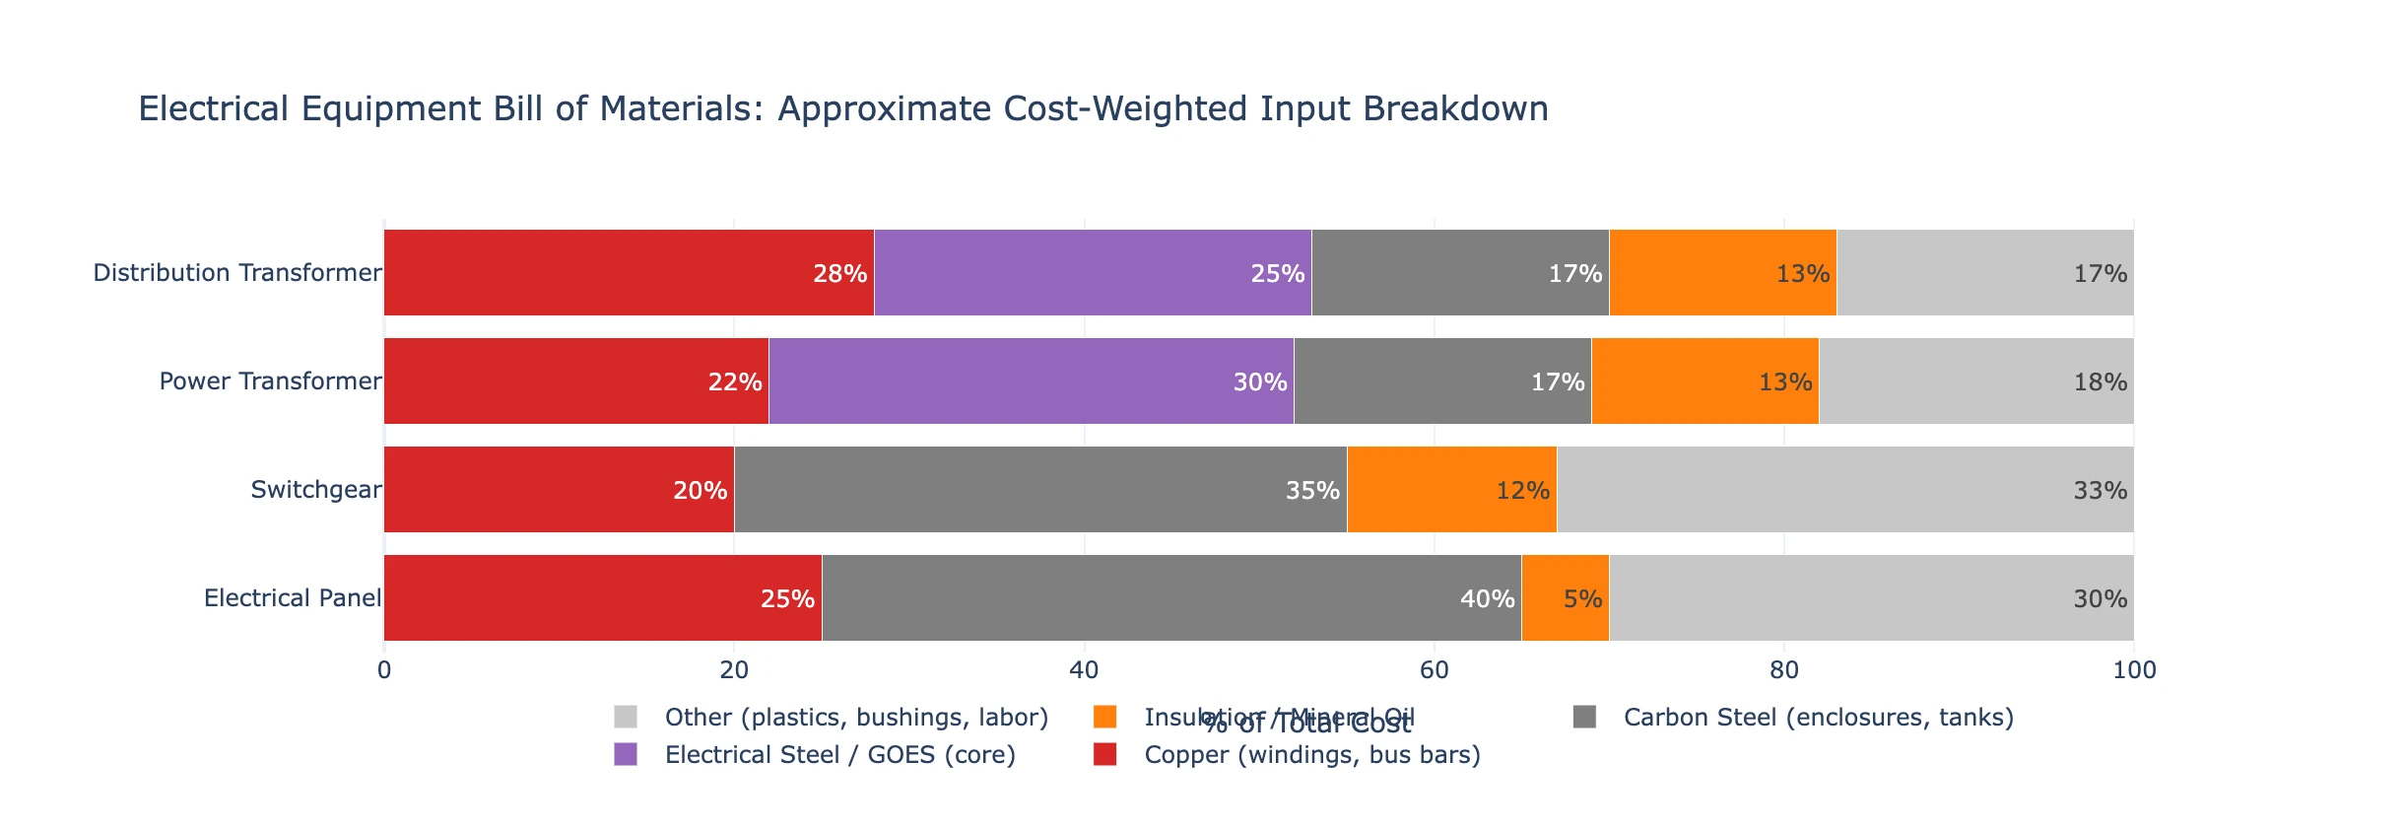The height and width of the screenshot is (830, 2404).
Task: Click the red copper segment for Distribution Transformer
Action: coord(629,273)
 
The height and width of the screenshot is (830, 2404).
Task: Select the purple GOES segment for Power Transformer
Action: coord(1031,381)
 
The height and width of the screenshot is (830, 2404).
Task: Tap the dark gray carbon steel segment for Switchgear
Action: coord(1040,490)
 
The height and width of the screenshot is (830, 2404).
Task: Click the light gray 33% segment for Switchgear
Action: coord(1844,490)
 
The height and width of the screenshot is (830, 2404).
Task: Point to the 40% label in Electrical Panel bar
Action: coord(1487,599)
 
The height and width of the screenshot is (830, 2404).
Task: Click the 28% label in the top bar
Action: coord(839,274)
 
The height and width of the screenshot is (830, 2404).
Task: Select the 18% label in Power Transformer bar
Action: coord(2100,382)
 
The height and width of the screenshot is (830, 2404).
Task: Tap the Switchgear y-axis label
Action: coord(315,490)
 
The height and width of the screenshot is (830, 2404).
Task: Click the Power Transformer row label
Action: coord(270,381)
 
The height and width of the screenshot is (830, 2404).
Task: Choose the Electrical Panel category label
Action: coord(292,598)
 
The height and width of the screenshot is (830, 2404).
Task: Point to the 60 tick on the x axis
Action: coord(1434,671)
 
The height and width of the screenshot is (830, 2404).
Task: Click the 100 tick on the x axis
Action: coord(2134,671)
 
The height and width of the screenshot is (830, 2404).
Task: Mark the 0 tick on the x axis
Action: coord(384,671)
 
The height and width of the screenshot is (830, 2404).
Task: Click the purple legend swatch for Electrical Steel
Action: coord(626,755)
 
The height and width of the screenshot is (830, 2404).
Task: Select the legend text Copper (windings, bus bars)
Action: coord(1311,755)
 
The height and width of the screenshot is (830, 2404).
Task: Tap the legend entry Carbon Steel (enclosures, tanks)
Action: coord(1818,718)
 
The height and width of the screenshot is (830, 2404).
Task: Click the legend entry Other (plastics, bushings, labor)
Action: coord(855,718)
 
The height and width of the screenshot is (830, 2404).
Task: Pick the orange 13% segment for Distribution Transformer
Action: coord(1722,273)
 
